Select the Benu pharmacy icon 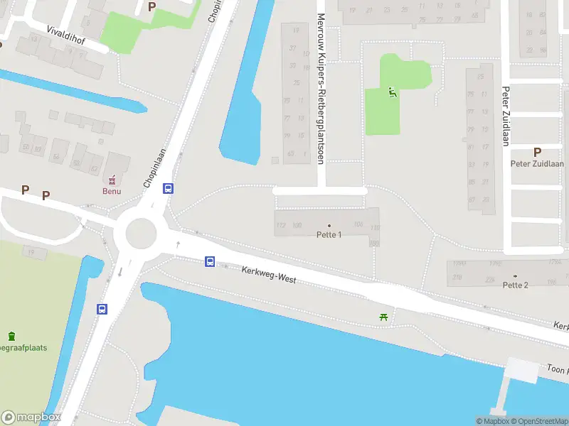click(x=112, y=178)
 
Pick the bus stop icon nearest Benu click(x=169, y=189)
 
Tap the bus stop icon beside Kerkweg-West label click(x=211, y=261)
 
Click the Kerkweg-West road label click(x=268, y=275)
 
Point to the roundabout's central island click(x=140, y=232)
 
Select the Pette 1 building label click(x=329, y=235)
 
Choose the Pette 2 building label click(x=515, y=285)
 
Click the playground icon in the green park click(x=392, y=92)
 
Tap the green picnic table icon click(x=384, y=317)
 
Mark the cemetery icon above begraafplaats click(x=12, y=336)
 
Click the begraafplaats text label click(x=23, y=348)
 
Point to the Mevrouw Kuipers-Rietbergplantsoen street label click(x=321, y=89)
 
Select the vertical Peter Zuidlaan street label click(x=506, y=116)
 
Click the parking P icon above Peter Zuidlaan click(x=537, y=152)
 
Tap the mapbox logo click(x=31, y=417)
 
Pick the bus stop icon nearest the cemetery click(x=102, y=309)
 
